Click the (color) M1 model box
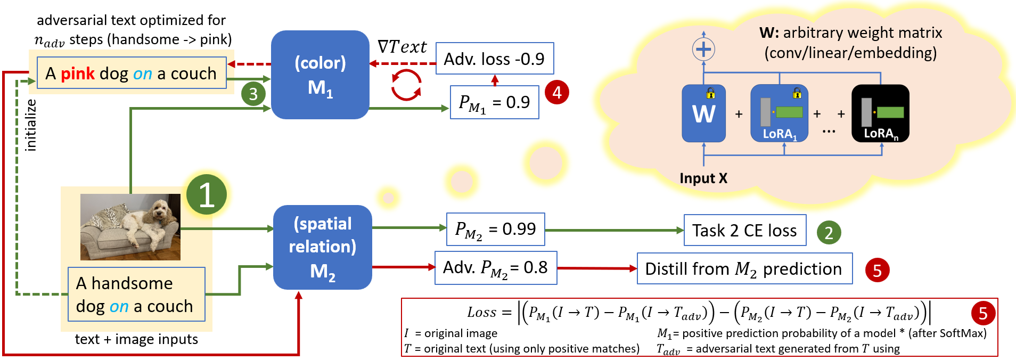[320, 75]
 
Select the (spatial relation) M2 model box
[322, 247]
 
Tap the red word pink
[78, 73]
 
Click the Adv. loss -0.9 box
[494, 59]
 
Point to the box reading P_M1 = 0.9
[494, 102]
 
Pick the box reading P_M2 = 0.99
[495, 230]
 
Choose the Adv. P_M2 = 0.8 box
[495, 268]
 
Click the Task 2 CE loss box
[744, 231]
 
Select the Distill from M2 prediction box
[744, 269]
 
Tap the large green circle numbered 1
[206, 194]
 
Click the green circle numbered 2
[829, 233]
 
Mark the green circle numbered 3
[253, 94]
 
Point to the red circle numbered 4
[557, 93]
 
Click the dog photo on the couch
[130, 227]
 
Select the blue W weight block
[703, 113]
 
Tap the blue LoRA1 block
[779, 113]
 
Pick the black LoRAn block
[880, 113]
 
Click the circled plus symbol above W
[703, 50]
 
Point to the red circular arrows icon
[406, 85]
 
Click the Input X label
[703, 178]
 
